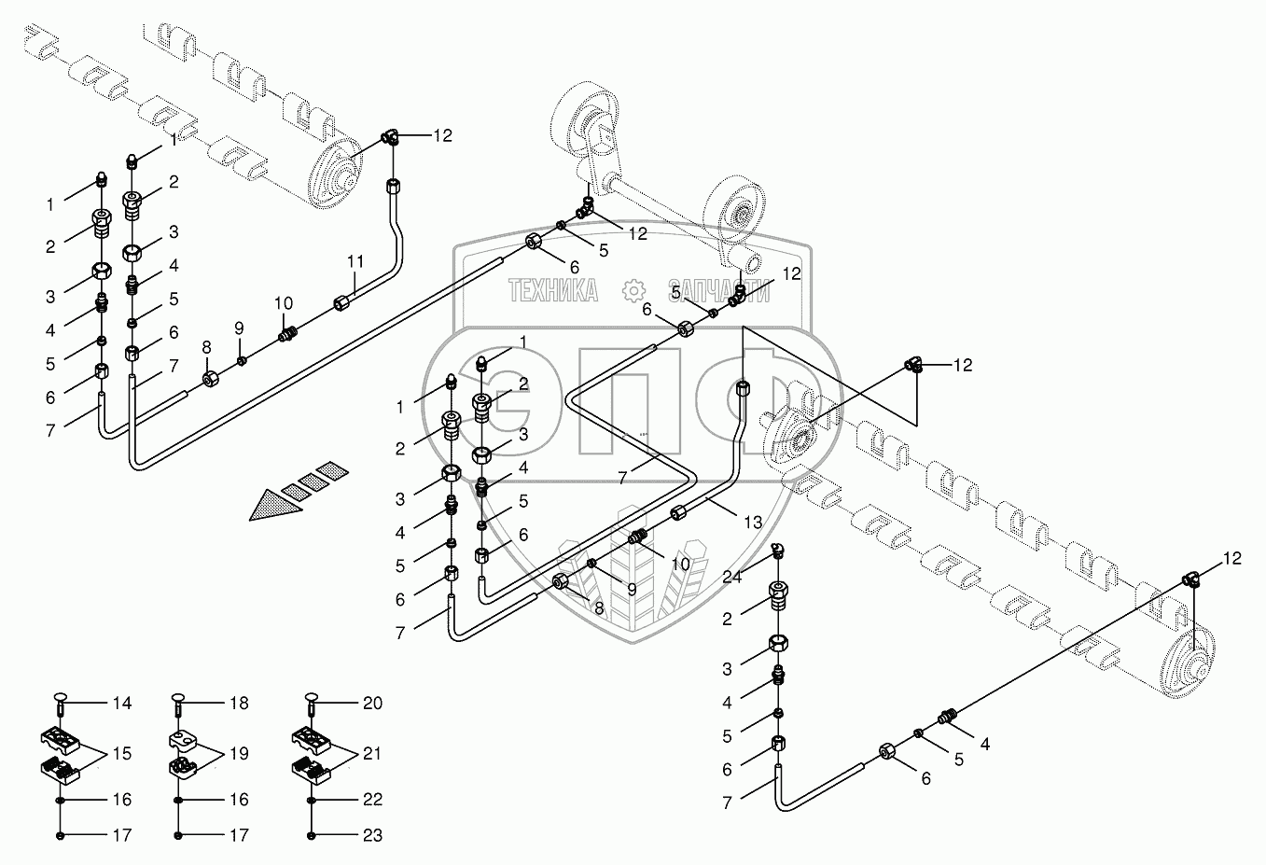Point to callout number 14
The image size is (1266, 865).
(x=122, y=704)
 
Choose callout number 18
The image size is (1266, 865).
(x=239, y=704)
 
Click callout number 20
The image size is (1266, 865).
(x=372, y=704)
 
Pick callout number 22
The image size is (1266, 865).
(x=372, y=800)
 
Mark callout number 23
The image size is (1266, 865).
(x=372, y=836)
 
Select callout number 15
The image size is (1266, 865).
(x=122, y=753)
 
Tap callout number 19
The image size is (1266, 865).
(x=239, y=753)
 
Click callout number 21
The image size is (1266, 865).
(x=372, y=753)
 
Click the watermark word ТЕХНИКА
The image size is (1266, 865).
(x=552, y=291)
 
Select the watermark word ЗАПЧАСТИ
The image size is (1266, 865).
(x=718, y=291)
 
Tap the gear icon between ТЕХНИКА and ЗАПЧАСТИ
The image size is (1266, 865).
(x=634, y=291)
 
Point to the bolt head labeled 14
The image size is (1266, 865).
(x=62, y=697)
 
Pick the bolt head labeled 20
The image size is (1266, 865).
(x=313, y=697)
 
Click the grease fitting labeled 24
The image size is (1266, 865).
(x=780, y=552)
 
